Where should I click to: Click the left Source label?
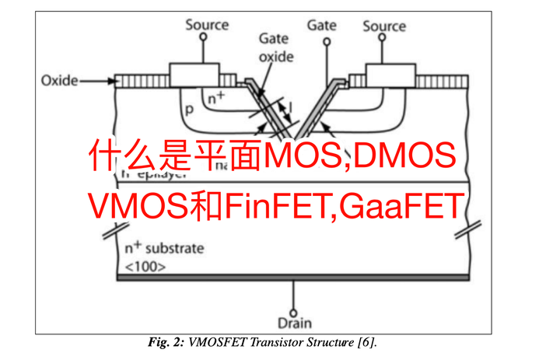206,25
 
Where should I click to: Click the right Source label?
383,26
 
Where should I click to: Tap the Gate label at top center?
320,25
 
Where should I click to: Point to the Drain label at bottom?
294,321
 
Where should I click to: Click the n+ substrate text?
164,249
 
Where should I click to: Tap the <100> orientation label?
145,267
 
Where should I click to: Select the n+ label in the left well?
215,98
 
